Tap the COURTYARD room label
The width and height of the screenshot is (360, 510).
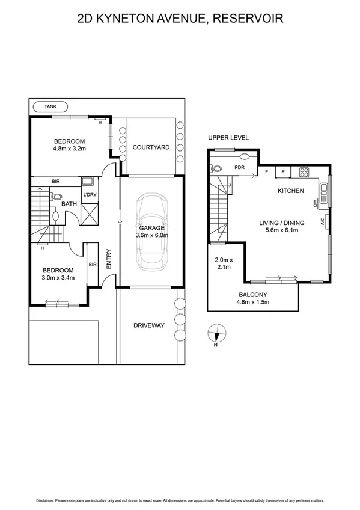click(151, 147)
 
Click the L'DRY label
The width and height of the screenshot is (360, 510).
click(90, 194)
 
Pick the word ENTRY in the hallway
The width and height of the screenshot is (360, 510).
click(109, 259)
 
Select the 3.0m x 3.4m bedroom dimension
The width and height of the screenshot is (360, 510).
click(58, 278)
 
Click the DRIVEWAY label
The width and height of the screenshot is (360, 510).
click(148, 325)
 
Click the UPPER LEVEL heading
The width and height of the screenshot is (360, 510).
click(228, 138)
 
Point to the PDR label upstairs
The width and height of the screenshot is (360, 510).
click(239, 168)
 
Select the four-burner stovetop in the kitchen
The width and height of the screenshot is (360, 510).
click(304, 173)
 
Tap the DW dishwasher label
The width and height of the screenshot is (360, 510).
click(315, 204)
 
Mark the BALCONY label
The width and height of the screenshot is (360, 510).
click(252, 295)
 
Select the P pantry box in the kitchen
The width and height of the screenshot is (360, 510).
click(282, 173)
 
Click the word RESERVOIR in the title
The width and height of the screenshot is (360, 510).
click(248, 19)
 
